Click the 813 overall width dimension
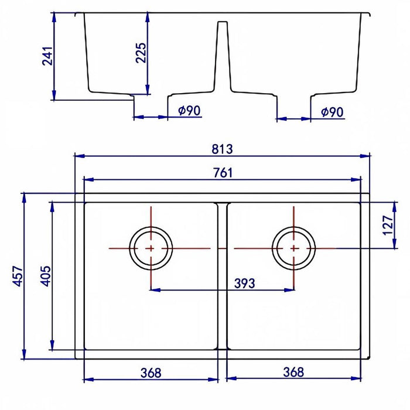pyautogui.click(x=222, y=149)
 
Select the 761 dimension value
pyautogui.click(x=223, y=173)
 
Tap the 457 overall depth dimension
pyautogui.click(x=18, y=276)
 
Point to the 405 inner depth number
pyautogui.click(x=45, y=276)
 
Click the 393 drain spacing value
pyautogui.click(x=244, y=283)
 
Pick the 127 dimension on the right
pyautogui.click(x=388, y=225)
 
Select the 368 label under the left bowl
pyautogui.click(x=151, y=373)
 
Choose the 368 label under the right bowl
pyautogui.click(x=293, y=372)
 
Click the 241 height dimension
pyautogui.click(x=47, y=56)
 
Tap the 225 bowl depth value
pyautogui.click(x=141, y=53)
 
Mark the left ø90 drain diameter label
pyautogui.click(x=189, y=111)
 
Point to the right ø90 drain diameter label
pyautogui.click(x=332, y=112)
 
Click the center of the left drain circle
pyautogui.click(x=151, y=248)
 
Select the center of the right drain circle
pyautogui.click(x=293, y=248)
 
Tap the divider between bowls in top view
pyautogui.click(x=223, y=276)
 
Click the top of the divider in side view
pyautogui.click(x=223, y=22)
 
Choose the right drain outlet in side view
pyautogui.click(x=293, y=108)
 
